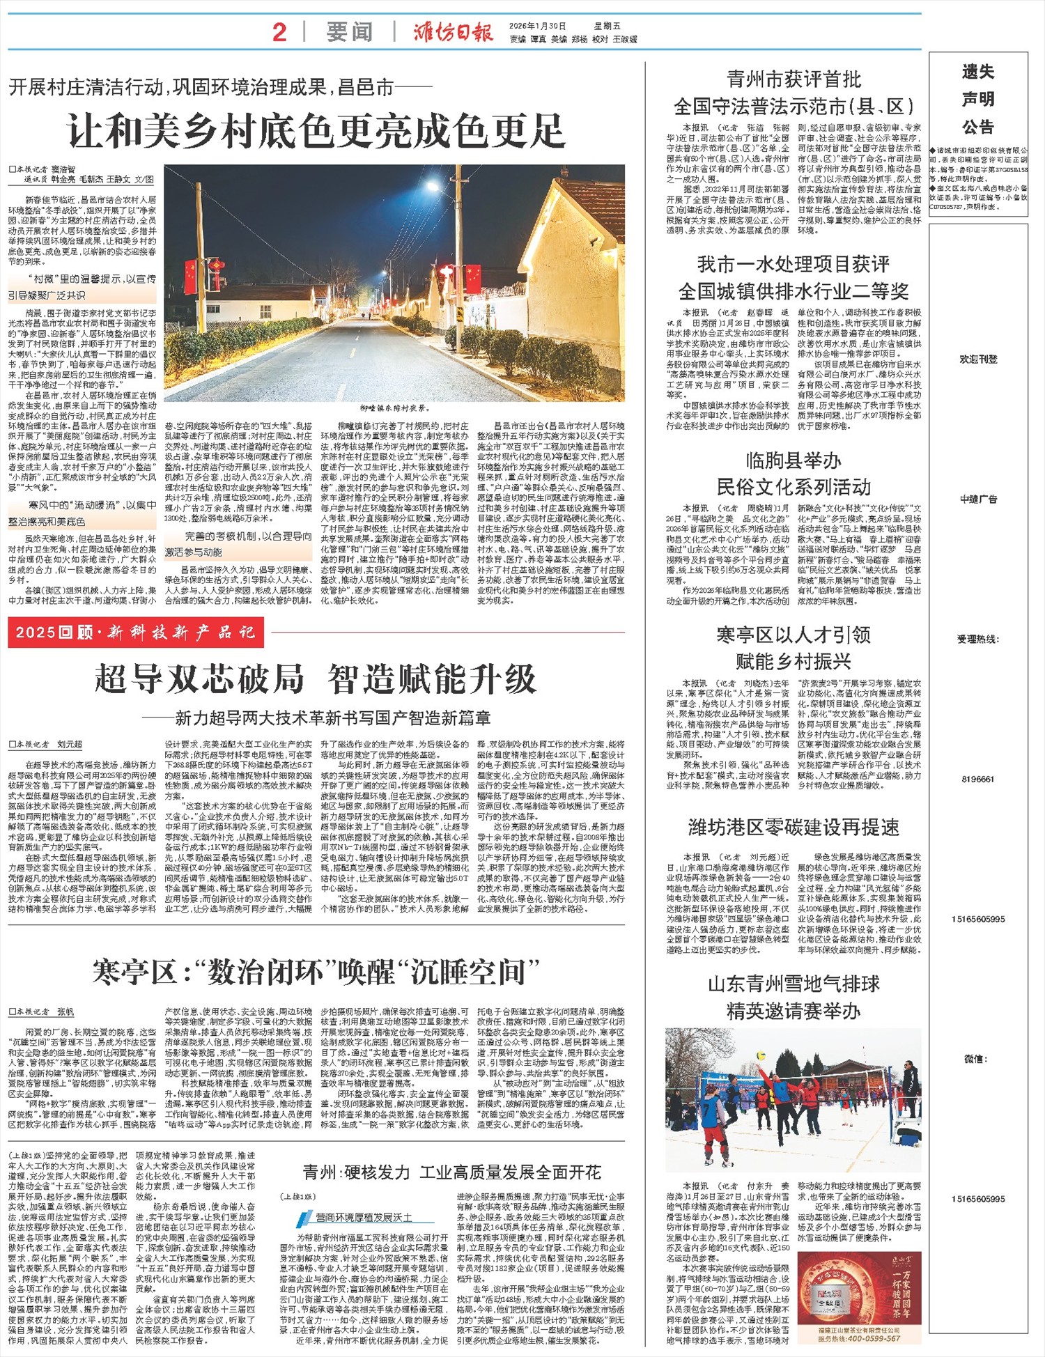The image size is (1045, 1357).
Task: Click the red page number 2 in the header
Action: (x=279, y=32)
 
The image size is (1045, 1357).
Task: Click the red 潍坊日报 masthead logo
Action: (x=453, y=32)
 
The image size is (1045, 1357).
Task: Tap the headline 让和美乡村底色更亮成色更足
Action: (x=316, y=131)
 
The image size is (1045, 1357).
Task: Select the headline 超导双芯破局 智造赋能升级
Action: (x=316, y=678)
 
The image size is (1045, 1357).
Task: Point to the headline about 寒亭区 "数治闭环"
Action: (x=316, y=972)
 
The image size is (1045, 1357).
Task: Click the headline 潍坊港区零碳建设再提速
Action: (x=794, y=827)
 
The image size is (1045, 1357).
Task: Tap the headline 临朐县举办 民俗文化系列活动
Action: (x=794, y=474)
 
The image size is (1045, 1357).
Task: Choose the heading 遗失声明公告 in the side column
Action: (x=978, y=99)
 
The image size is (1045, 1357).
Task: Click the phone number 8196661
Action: (x=978, y=779)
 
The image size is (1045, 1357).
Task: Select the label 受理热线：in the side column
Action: (x=978, y=639)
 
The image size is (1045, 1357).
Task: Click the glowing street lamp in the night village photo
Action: (x=435, y=187)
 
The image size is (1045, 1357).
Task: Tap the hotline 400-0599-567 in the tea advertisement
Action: (x=859, y=1338)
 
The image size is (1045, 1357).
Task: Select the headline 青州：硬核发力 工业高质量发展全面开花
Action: (x=451, y=1172)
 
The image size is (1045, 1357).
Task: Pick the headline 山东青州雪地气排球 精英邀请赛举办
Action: (x=794, y=997)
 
